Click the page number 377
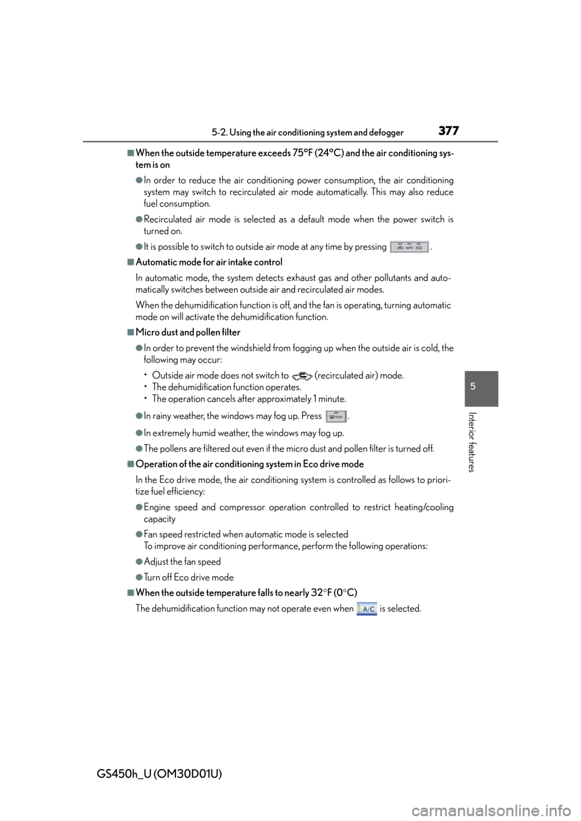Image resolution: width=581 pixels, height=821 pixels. (448, 131)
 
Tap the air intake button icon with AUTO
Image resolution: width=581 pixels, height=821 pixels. (409, 247)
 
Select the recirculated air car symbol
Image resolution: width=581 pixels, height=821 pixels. (302, 375)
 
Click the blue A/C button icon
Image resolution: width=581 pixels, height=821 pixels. (366, 609)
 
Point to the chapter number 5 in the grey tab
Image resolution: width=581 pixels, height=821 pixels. (473, 386)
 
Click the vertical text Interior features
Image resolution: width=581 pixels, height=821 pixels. (472, 443)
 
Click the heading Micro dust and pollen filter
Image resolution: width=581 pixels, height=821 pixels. (188, 333)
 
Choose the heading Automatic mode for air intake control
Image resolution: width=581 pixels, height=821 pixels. (209, 262)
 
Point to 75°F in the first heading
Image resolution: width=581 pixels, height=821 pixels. (303, 153)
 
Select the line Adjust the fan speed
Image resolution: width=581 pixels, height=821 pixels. (182, 562)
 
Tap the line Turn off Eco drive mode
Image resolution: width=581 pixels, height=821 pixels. (189, 577)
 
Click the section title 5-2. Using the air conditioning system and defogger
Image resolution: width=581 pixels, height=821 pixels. (307, 132)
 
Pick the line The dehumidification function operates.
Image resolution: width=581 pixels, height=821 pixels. (227, 388)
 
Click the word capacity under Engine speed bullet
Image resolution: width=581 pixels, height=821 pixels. (160, 519)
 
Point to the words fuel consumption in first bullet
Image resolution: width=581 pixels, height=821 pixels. (177, 204)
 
